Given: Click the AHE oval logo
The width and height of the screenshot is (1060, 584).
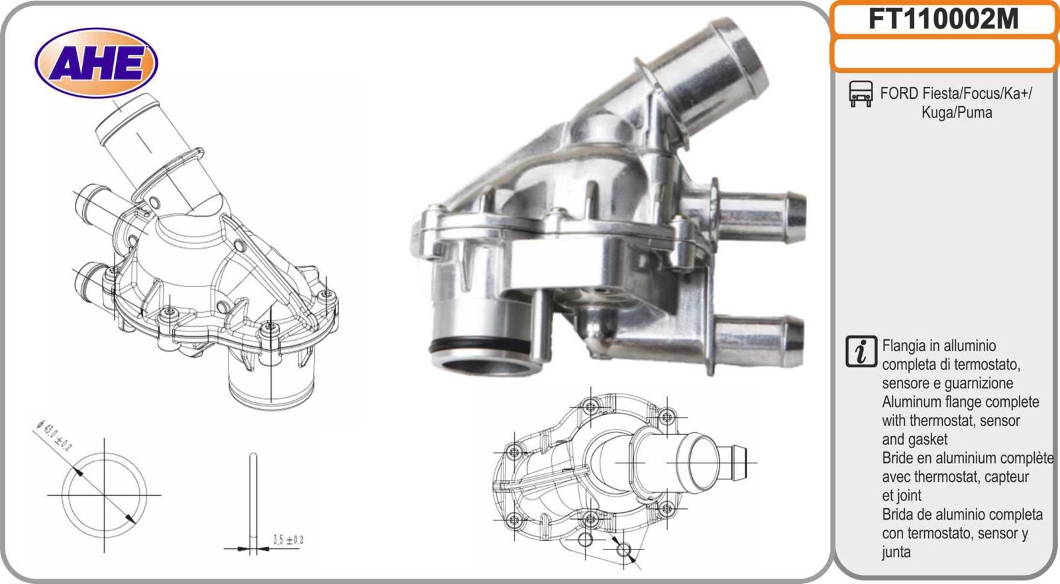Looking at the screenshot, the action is point(96,63).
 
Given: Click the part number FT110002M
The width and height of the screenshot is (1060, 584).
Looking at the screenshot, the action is point(943,19).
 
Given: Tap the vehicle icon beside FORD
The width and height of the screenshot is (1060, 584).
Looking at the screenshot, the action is point(861,93).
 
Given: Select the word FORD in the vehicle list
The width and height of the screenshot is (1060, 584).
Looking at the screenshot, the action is point(899,93).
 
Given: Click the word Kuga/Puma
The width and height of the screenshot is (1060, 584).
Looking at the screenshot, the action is point(957,113).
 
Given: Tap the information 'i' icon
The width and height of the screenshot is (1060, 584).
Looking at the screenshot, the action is point(861,352).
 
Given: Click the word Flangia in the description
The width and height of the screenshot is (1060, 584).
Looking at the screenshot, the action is point(904,346).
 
